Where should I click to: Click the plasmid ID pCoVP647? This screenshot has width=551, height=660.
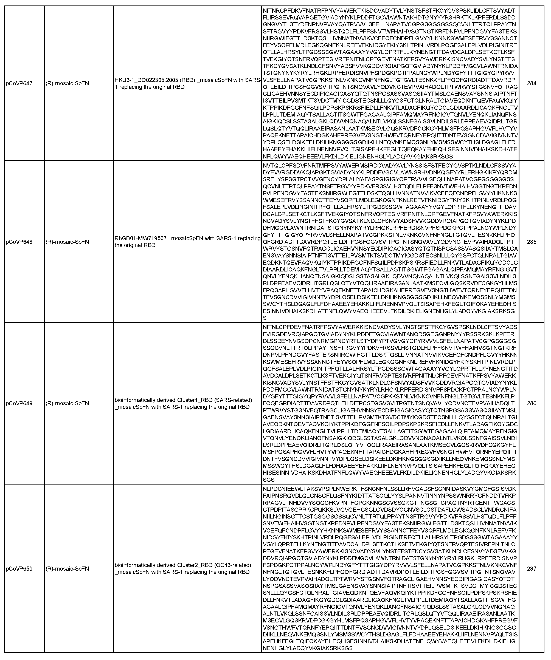click(19, 83)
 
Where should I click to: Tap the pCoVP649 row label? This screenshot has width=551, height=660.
click(19, 403)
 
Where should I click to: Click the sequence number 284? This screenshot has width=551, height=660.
click(531, 83)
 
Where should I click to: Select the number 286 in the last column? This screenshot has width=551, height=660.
click(531, 403)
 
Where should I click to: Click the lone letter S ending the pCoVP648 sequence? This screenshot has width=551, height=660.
click(265, 318)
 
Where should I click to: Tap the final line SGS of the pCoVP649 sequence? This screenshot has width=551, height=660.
click(269, 480)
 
